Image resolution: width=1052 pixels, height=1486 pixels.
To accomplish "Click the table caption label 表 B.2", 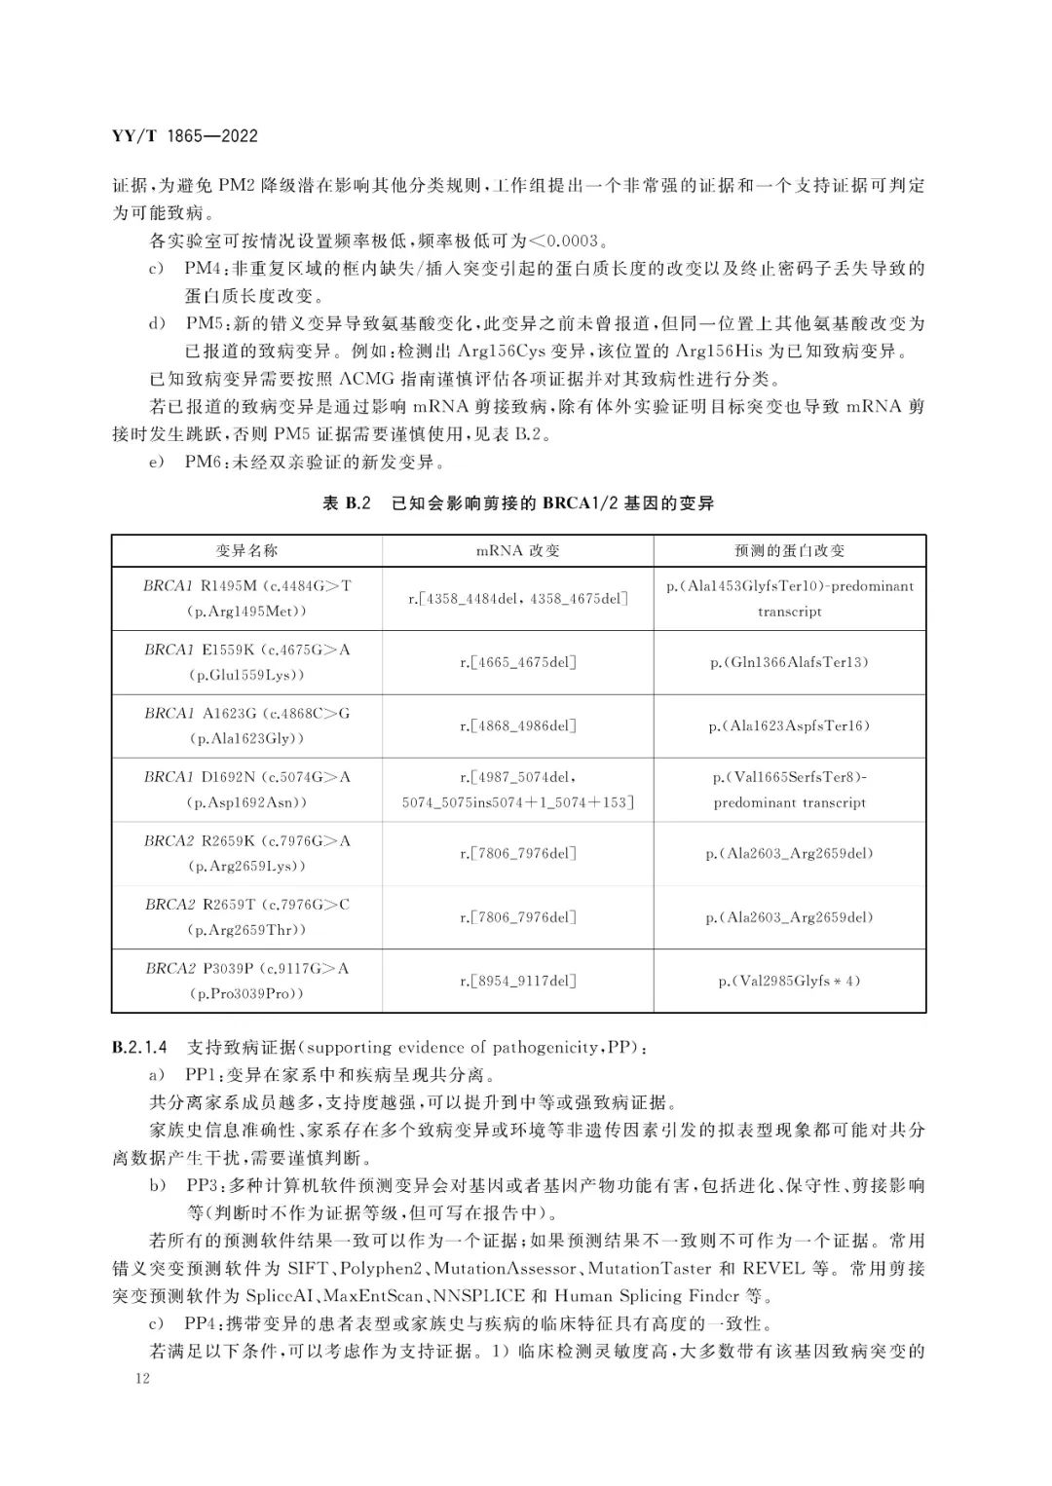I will pos(347,503).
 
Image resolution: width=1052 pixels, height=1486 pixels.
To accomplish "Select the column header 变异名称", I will pos(247,550).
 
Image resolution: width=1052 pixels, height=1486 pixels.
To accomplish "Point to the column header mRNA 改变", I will pos(517,550).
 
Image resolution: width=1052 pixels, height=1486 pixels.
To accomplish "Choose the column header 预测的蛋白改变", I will pos(789,550).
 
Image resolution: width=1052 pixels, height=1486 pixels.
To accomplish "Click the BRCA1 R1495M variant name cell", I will pos(247,598).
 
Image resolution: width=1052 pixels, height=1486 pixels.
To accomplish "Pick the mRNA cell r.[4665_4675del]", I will pos(517,662).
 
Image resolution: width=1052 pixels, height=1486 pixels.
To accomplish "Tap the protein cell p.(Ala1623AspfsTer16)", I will pos(789,725).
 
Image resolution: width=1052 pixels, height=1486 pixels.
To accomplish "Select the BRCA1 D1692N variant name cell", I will pos(247,790).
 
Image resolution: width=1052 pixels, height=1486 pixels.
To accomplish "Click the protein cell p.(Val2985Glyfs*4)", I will pos(789,981).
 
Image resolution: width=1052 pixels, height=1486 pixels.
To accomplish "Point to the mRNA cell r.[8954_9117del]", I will pos(517,981).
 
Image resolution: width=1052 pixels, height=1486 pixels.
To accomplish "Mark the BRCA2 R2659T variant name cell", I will pos(247,917).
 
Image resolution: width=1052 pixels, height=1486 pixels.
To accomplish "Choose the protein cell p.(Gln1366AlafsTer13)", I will pos(789,662).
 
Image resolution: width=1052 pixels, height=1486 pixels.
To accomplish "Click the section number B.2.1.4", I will pos(140,1048).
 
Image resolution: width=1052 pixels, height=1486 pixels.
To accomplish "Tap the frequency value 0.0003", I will pos(575,240).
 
